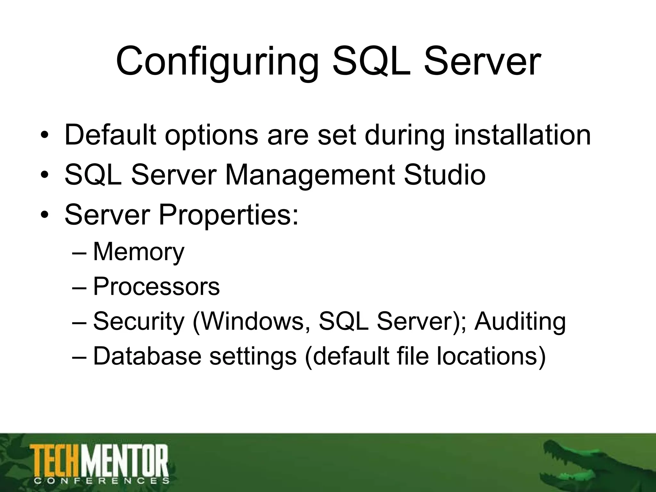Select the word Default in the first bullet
pos(111,135)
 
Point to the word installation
pos(522,135)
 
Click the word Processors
pos(156,286)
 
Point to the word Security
pos(139,321)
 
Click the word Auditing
pos(520,321)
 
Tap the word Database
pos(147,356)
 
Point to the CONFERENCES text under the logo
pos(101,481)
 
